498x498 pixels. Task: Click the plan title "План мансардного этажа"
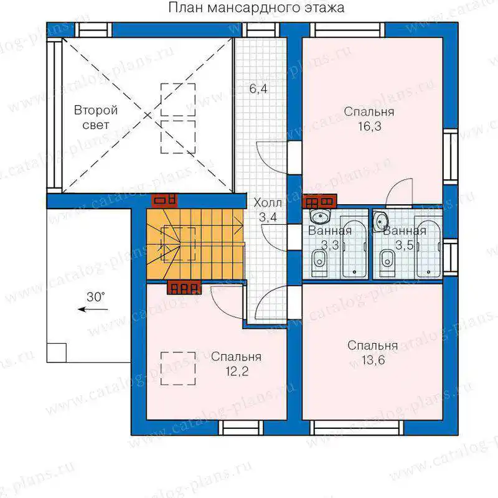[x=256, y=7]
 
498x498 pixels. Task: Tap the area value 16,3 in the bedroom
[x=370, y=126]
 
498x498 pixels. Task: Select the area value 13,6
[x=373, y=360]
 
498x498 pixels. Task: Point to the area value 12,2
[x=237, y=371]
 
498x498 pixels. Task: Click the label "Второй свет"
[x=96, y=118]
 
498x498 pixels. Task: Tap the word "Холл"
[x=268, y=203]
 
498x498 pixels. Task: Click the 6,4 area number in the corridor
[x=258, y=88]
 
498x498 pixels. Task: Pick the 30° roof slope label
[x=96, y=297]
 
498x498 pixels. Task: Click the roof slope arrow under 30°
[x=93, y=309]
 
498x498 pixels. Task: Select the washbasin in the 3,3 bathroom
[x=320, y=217]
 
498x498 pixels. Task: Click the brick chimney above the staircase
[x=164, y=200]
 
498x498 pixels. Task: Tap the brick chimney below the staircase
[x=184, y=288]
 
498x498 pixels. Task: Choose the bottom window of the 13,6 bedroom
[x=357, y=428]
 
